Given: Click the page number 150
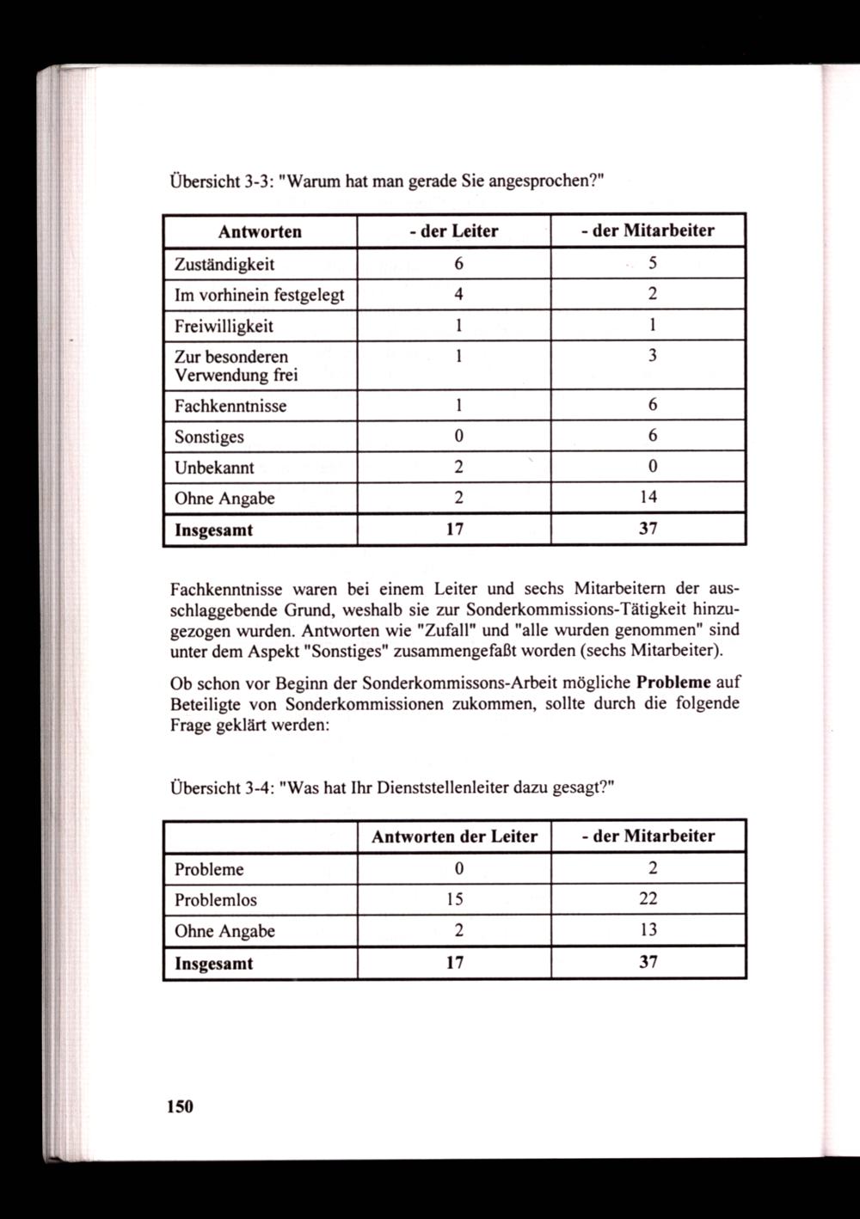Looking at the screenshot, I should click(181, 1106).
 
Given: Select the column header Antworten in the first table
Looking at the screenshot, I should click(260, 231).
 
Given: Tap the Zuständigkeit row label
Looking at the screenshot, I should click(224, 264).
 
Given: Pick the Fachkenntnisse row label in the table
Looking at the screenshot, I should click(230, 406).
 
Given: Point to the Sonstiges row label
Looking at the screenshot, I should click(209, 437).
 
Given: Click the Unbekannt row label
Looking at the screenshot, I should click(214, 468).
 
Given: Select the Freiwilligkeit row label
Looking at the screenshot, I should click(224, 326).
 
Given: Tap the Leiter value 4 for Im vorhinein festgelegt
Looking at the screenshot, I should click(459, 294).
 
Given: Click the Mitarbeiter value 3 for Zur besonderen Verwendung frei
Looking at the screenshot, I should click(653, 356).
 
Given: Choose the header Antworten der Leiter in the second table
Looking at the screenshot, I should click(454, 836).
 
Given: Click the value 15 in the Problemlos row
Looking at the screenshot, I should click(455, 899).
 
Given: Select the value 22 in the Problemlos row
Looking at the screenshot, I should click(648, 899).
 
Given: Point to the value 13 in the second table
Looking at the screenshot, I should click(648, 930).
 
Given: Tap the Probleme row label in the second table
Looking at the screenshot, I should click(209, 869).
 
